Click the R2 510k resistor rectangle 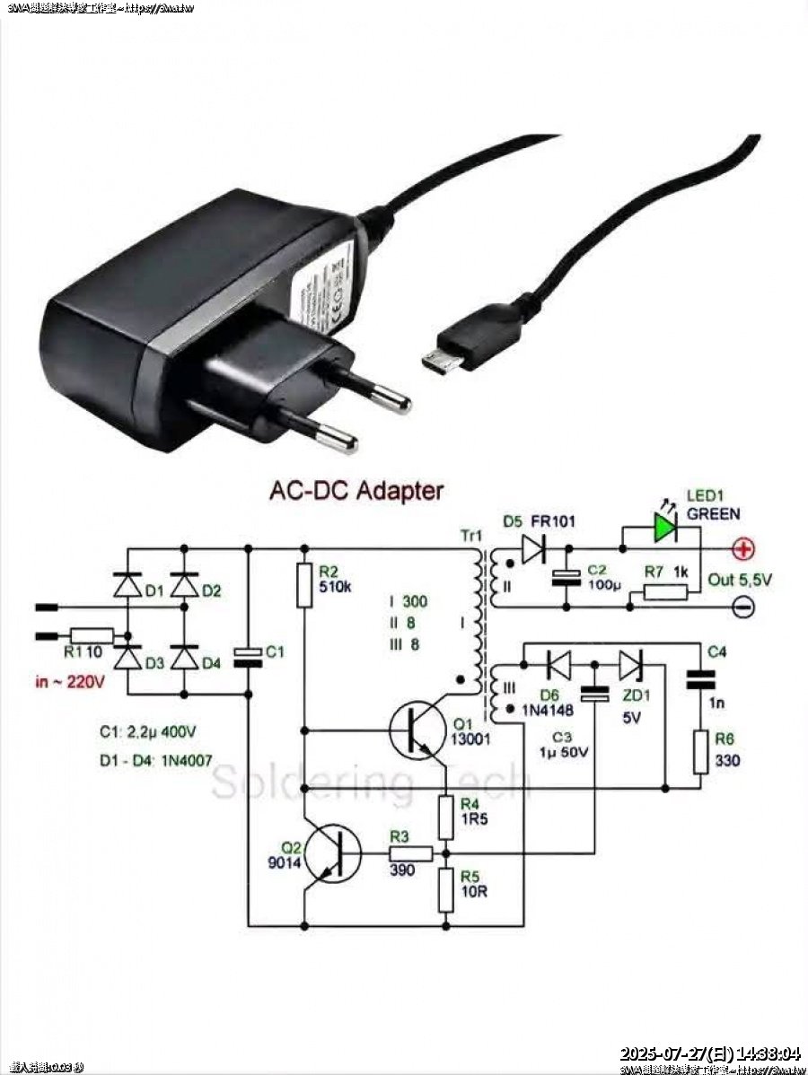pyautogui.click(x=304, y=583)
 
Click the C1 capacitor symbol pyautogui.click(x=247, y=657)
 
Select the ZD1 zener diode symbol pyautogui.click(x=630, y=664)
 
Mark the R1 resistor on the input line pyautogui.click(x=92, y=636)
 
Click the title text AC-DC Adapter pyautogui.click(x=356, y=491)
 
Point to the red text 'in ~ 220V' pyautogui.click(x=71, y=682)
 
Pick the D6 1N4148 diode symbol pyautogui.click(x=558, y=664)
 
